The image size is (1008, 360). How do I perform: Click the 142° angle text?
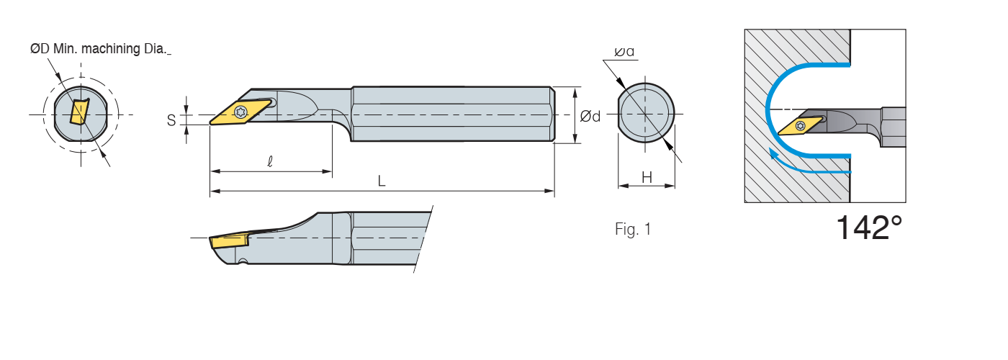pyautogui.click(x=868, y=228)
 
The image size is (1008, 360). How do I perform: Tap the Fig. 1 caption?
pyautogui.click(x=633, y=230)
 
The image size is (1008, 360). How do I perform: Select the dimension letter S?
pyautogui.click(x=171, y=120)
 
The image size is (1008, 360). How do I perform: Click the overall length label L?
pyautogui.click(x=382, y=182)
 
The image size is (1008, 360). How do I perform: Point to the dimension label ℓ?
pyautogui.click(x=269, y=163)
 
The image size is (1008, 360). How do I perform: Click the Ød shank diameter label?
pyautogui.click(x=590, y=116)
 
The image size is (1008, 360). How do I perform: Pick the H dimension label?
pyautogui.click(x=647, y=177)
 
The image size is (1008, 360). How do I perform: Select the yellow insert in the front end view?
pyautogui.click(x=78, y=112)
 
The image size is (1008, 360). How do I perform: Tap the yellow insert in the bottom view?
pyautogui.click(x=228, y=241)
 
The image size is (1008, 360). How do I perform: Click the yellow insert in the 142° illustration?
pyautogui.click(x=800, y=125)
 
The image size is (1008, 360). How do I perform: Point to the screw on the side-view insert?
pyautogui.click(x=241, y=112)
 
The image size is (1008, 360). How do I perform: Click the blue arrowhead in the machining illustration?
pyautogui.click(x=774, y=153)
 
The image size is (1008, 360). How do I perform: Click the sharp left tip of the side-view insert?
pyautogui.click(x=211, y=123)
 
